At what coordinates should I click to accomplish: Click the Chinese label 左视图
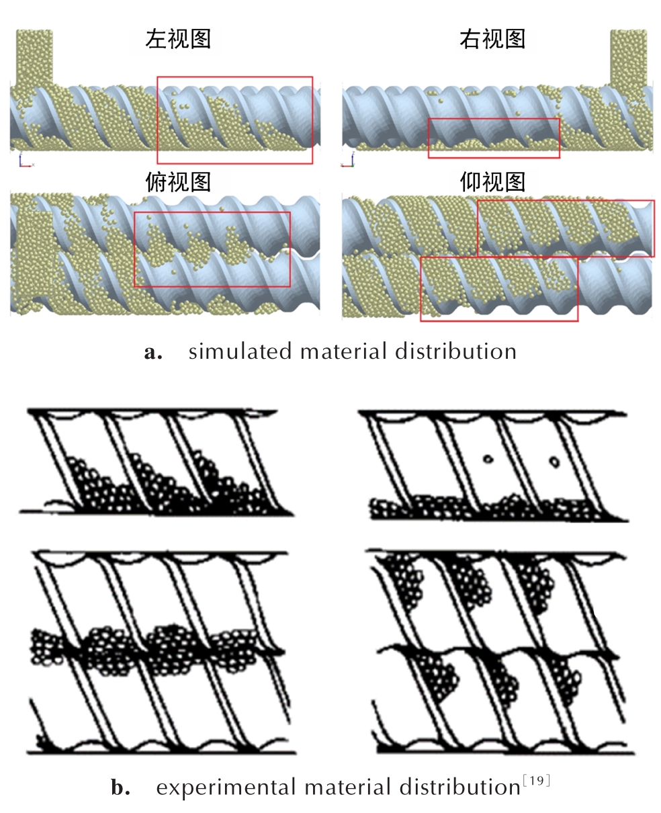178,39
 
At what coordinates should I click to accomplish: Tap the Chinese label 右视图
492,39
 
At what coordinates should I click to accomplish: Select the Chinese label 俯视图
178,181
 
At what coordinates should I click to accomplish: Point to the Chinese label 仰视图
492,181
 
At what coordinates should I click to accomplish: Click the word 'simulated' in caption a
240,351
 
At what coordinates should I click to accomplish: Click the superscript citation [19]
536,781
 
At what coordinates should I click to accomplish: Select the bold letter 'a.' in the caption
153,353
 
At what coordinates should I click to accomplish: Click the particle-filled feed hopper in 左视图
34,57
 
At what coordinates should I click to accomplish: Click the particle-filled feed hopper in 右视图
628,58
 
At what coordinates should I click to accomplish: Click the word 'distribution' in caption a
455,351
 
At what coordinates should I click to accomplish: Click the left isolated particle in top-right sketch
488,459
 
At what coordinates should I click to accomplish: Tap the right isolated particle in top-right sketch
554,462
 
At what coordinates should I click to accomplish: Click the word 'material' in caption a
343,351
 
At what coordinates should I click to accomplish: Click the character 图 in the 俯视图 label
200,181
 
